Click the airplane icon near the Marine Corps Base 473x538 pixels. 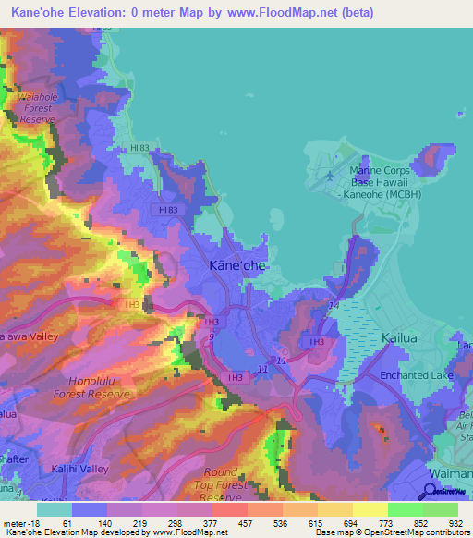point(329,172)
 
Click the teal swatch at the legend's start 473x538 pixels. point(55,509)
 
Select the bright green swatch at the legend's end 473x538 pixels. point(441,509)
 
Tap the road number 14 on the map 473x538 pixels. point(334,304)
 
